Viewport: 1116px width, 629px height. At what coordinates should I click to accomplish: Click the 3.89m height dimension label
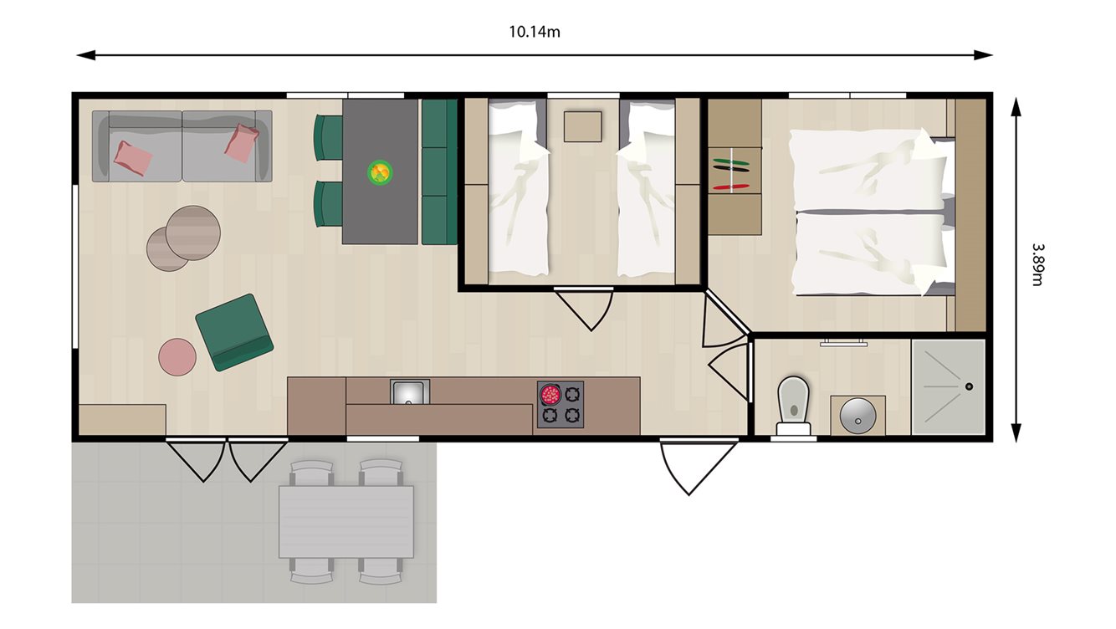pos(1037,264)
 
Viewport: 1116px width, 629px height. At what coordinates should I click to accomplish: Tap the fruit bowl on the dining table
pos(380,172)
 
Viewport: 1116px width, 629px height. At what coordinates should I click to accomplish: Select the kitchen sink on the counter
pos(410,391)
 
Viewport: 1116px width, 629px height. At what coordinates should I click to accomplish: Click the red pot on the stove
pos(550,393)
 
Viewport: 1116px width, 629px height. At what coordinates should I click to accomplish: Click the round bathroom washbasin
pos(857,414)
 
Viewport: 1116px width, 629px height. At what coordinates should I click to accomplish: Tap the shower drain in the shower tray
pos(968,386)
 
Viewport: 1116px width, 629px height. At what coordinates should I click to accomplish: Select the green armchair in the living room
pos(234,332)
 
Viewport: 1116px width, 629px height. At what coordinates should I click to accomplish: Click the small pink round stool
pos(177,356)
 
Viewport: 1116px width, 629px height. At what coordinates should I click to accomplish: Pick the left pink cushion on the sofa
pos(133,156)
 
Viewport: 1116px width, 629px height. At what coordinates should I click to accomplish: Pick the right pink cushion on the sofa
pos(242,143)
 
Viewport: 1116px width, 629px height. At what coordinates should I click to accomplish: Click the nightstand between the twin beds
pos(582,126)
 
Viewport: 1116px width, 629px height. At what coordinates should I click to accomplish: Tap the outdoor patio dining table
pos(346,521)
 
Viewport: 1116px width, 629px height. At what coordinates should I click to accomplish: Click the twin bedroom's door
pos(584,307)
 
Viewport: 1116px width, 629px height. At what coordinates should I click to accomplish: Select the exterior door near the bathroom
pos(688,465)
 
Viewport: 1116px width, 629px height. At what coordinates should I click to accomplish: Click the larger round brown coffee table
pos(193,233)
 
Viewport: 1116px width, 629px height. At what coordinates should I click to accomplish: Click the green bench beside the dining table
pos(439,171)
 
